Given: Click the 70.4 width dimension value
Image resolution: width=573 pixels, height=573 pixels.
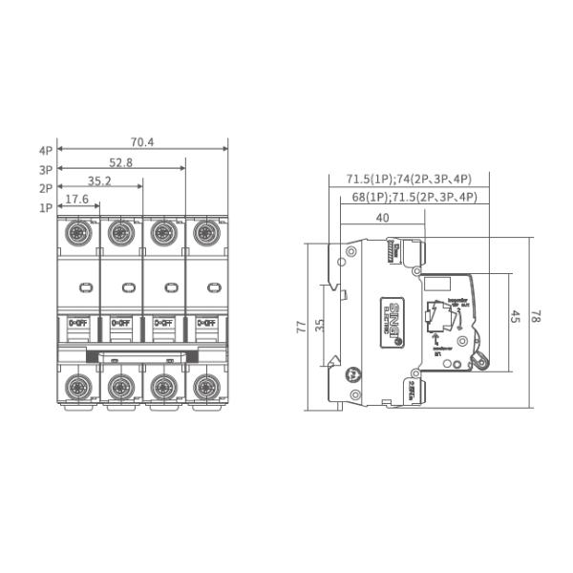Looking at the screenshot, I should [142, 142].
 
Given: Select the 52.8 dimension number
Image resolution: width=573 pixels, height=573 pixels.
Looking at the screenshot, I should [121, 163].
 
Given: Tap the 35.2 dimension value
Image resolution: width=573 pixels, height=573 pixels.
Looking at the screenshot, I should [100, 180].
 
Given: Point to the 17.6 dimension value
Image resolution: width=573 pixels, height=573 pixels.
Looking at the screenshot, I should [77, 200].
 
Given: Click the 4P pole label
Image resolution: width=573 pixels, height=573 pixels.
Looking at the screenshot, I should [45, 151].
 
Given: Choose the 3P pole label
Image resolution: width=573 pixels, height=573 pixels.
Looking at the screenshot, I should [45, 170].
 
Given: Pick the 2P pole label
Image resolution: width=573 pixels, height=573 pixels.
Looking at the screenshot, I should [45, 189].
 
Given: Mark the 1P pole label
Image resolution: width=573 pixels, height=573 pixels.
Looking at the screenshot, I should [45, 207].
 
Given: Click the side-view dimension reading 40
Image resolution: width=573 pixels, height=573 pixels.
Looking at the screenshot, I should [382, 218].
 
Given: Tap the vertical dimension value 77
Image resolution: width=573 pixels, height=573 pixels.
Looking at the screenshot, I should [302, 327].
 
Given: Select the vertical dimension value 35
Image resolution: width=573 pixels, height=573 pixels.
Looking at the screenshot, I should [320, 327].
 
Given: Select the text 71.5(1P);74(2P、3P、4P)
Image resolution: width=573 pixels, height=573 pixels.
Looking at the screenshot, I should [408, 179].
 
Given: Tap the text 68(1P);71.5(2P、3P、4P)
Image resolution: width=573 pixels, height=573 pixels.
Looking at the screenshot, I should [414, 198].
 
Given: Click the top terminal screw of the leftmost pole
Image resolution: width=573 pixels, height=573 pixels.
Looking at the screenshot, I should [77, 232].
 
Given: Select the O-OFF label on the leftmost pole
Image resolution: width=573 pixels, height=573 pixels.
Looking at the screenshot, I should [77, 323].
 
